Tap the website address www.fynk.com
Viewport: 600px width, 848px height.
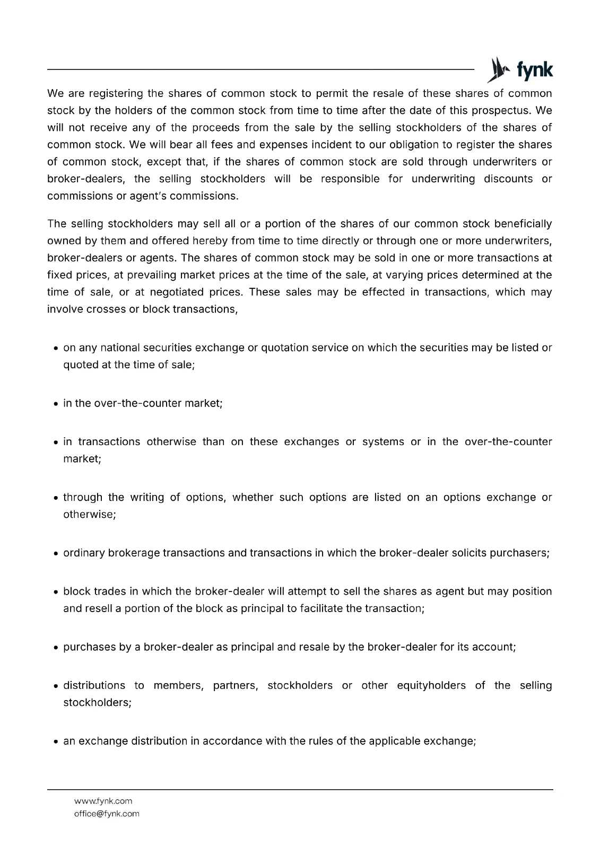(103, 801)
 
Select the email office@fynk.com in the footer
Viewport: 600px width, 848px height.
(107, 814)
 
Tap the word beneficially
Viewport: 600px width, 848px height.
(523, 224)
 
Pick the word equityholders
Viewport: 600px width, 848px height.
(431, 685)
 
